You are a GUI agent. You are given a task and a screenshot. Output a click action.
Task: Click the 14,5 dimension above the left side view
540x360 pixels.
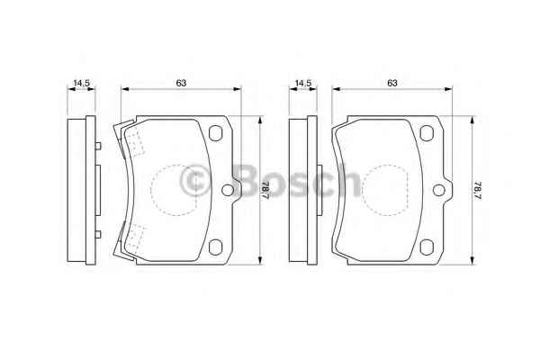[x=81, y=83]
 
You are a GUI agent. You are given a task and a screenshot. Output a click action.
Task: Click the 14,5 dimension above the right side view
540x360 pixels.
[x=303, y=83]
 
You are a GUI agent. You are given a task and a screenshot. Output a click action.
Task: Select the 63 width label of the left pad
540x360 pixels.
[x=181, y=83]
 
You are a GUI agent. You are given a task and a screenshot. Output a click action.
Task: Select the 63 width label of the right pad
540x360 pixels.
[x=392, y=83]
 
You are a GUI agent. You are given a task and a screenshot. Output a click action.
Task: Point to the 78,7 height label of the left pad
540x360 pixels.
[x=265, y=190]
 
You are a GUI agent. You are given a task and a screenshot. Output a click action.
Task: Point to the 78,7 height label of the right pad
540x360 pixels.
[x=477, y=190]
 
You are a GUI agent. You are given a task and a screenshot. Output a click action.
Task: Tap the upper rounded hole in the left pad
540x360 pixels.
[x=216, y=133]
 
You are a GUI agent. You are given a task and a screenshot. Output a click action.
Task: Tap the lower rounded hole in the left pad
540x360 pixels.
[x=216, y=247]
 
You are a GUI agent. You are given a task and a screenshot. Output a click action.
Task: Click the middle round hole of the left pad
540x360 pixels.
[x=228, y=190]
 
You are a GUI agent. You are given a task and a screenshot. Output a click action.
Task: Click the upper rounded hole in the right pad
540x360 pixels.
[x=427, y=133]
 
